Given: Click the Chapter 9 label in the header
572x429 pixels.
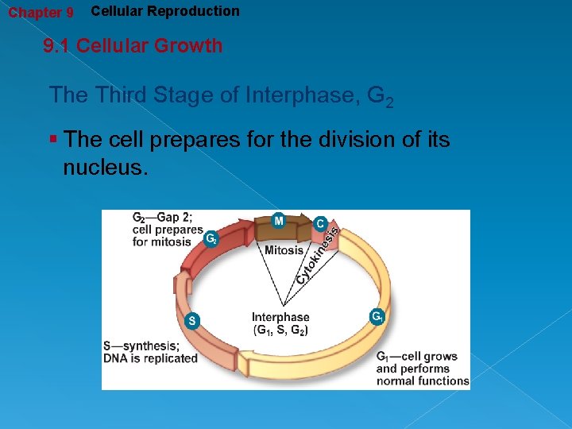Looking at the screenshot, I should pos(41,13).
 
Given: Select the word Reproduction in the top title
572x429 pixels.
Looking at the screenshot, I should pos(199,11).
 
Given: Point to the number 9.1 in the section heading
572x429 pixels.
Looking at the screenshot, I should pos(56,46).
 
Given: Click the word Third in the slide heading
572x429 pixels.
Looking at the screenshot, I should pos(120,95).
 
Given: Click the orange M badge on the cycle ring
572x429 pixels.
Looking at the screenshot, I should pos(280,220).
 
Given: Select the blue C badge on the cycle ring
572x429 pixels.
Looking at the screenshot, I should pos(320,224).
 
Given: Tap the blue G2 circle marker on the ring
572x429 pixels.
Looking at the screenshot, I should pos(211,238).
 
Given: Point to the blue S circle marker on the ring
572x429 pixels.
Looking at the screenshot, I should pos(191,321).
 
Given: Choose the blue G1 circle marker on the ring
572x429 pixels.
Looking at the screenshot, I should pos(377,316).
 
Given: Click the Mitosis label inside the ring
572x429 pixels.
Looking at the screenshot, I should pos(284,249).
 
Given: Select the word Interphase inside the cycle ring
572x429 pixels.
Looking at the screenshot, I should pos(280,317).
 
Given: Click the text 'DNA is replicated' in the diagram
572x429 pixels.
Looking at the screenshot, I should pos(150,358).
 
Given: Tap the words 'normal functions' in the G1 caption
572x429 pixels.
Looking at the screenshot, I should pos(423,381).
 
